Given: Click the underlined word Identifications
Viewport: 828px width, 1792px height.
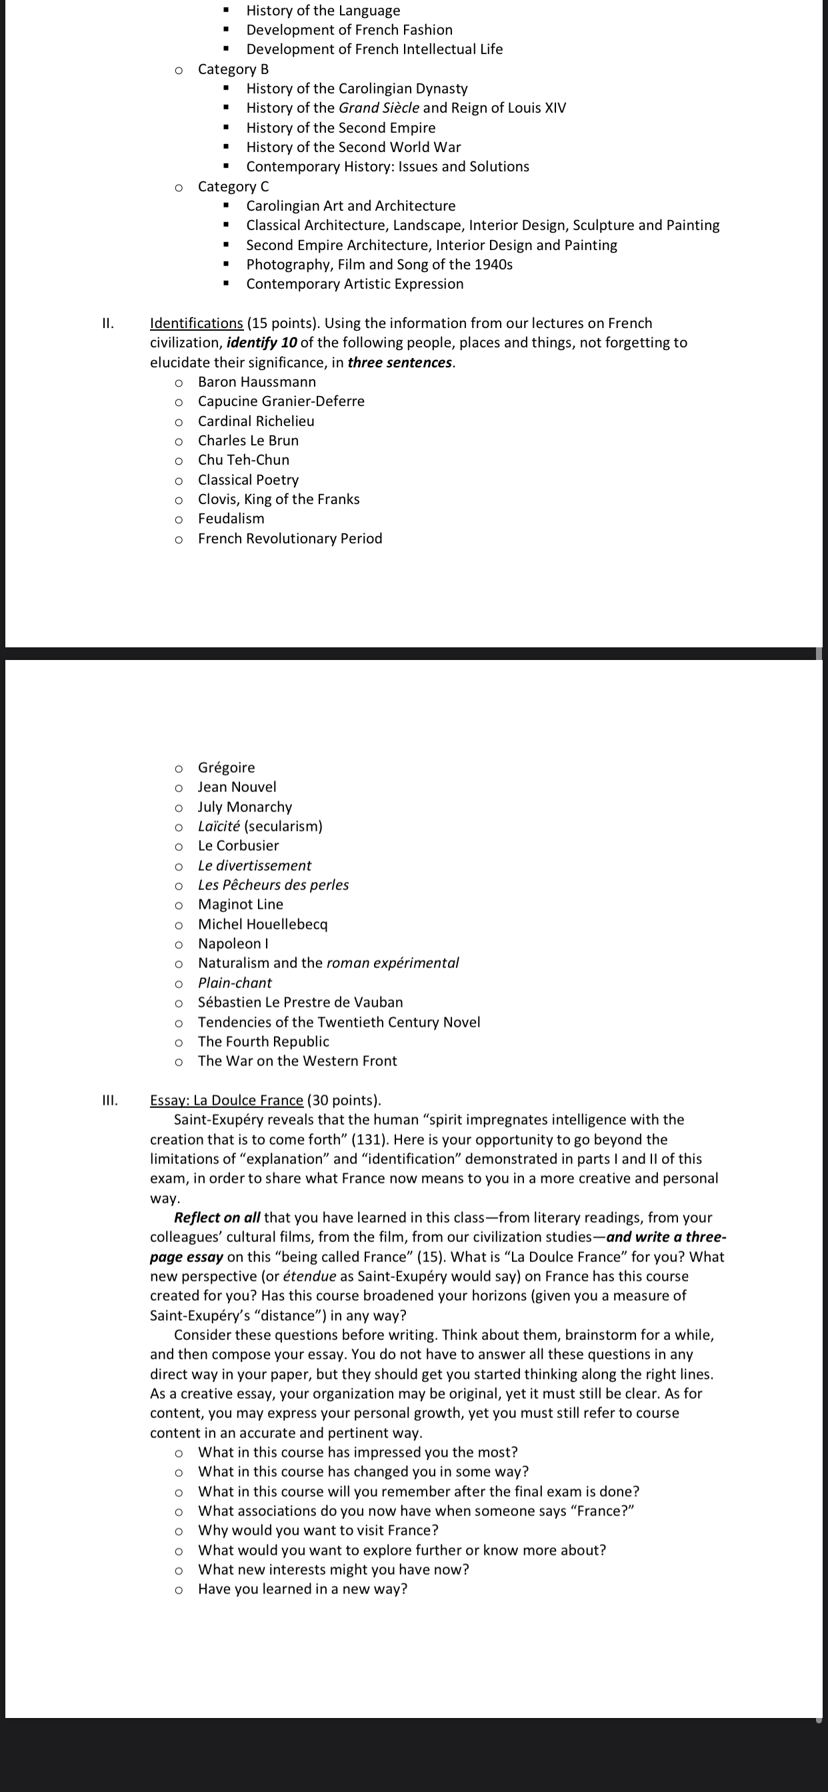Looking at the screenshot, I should [196, 323].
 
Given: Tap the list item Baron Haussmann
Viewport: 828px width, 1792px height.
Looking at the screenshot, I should [257, 382].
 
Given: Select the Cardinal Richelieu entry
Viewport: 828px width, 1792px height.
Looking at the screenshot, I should [256, 421].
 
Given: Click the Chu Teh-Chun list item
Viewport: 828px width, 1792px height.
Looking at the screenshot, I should [243, 460].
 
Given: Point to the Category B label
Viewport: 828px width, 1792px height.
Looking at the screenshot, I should [233, 69].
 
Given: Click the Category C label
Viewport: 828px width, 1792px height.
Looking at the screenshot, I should [233, 187].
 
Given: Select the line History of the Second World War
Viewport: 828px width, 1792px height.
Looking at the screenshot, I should [353, 147].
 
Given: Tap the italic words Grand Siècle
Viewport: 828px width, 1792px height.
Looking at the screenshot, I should [379, 108].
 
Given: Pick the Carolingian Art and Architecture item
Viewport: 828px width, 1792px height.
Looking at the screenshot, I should [351, 206].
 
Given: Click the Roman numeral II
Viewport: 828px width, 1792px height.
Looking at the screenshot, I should [107, 323].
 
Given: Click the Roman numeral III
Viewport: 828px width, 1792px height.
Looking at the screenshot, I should [109, 1100].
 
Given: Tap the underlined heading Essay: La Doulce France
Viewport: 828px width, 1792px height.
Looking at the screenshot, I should [227, 1100].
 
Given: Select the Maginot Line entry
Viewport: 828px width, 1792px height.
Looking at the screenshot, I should [241, 905].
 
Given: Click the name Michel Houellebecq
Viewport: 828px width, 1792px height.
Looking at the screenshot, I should [262, 924].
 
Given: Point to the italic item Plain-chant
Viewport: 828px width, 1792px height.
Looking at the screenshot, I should [235, 983].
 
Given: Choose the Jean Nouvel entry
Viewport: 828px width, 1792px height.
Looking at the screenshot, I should [237, 787].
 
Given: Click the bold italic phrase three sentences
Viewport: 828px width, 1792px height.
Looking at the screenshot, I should [400, 363].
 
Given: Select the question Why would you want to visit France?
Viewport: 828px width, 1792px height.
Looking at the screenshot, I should [318, 1531].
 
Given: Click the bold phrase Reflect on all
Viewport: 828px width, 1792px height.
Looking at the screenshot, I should [217, 1217].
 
